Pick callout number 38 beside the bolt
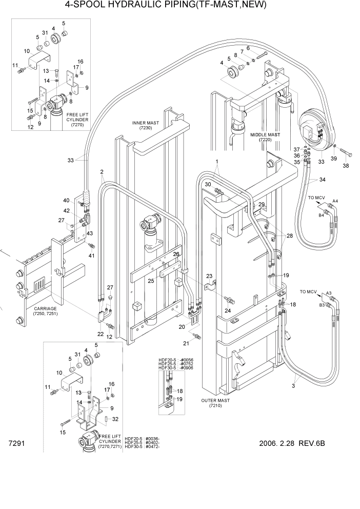pyautogui.click(x=345, y=166)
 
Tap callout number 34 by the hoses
pyautogui.click(x=322, y=180)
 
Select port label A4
pyautogui.click(x=335, y=200)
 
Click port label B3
pyautogui.click(x=322, y=305)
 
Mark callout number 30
pyautogui.click(x=208, y=185)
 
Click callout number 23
pyautogui.click(x=209, y=277)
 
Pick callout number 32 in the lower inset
pyautogui.click(x=115, y=419)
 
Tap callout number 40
pyautogui.click(x=66, y=200)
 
